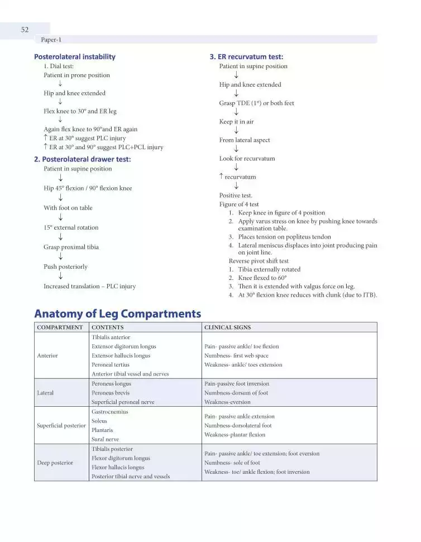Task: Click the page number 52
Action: pyautogui.click(x=25, y=30)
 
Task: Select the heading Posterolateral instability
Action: pyautogui.click(x=75, y=56)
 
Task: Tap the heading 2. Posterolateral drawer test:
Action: pyautogui.click(x=83, y=159)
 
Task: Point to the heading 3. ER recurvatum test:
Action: pyautogui.click(x=246, y=56)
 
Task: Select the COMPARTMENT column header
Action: pyautogui.click(x=60, y=327)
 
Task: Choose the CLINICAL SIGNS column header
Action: pyautogui.click(x=227, y=327)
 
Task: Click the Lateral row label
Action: pyautogui.click(x=45, y=393)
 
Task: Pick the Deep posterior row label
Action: pyautogui.click(x=55, y=463)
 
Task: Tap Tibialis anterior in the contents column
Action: pyautogui.click(x=111, y=337)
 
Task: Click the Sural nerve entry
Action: pyautogui.click(x=105, y=439)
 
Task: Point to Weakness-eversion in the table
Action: pyautogui.click(x=227, y=402)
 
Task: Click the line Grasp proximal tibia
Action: pyautogui.click(x=71, y=247)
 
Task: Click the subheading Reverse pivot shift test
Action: pyautogui.click(x=259, y=261)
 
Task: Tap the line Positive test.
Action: pyautogui.click(x=236, y=195)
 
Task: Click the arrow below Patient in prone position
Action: pyautogui.click(x=60, y=84)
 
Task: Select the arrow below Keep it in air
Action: pyautogui.click(x=236, y=131)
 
